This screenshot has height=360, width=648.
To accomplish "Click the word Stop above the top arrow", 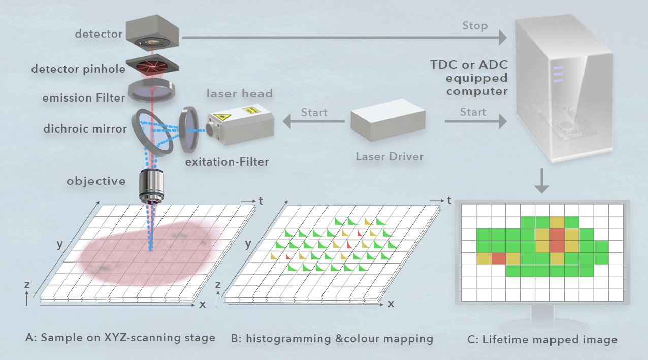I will click(x=474, y=25).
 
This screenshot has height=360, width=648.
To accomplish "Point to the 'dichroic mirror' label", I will click(x=86, y=128).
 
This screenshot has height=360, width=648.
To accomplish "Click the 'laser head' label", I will click(x=239, y=93).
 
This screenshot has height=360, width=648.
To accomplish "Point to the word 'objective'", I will click(x=95, y=181).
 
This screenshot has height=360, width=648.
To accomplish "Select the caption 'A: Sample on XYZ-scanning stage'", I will click(x=120, y=338).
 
